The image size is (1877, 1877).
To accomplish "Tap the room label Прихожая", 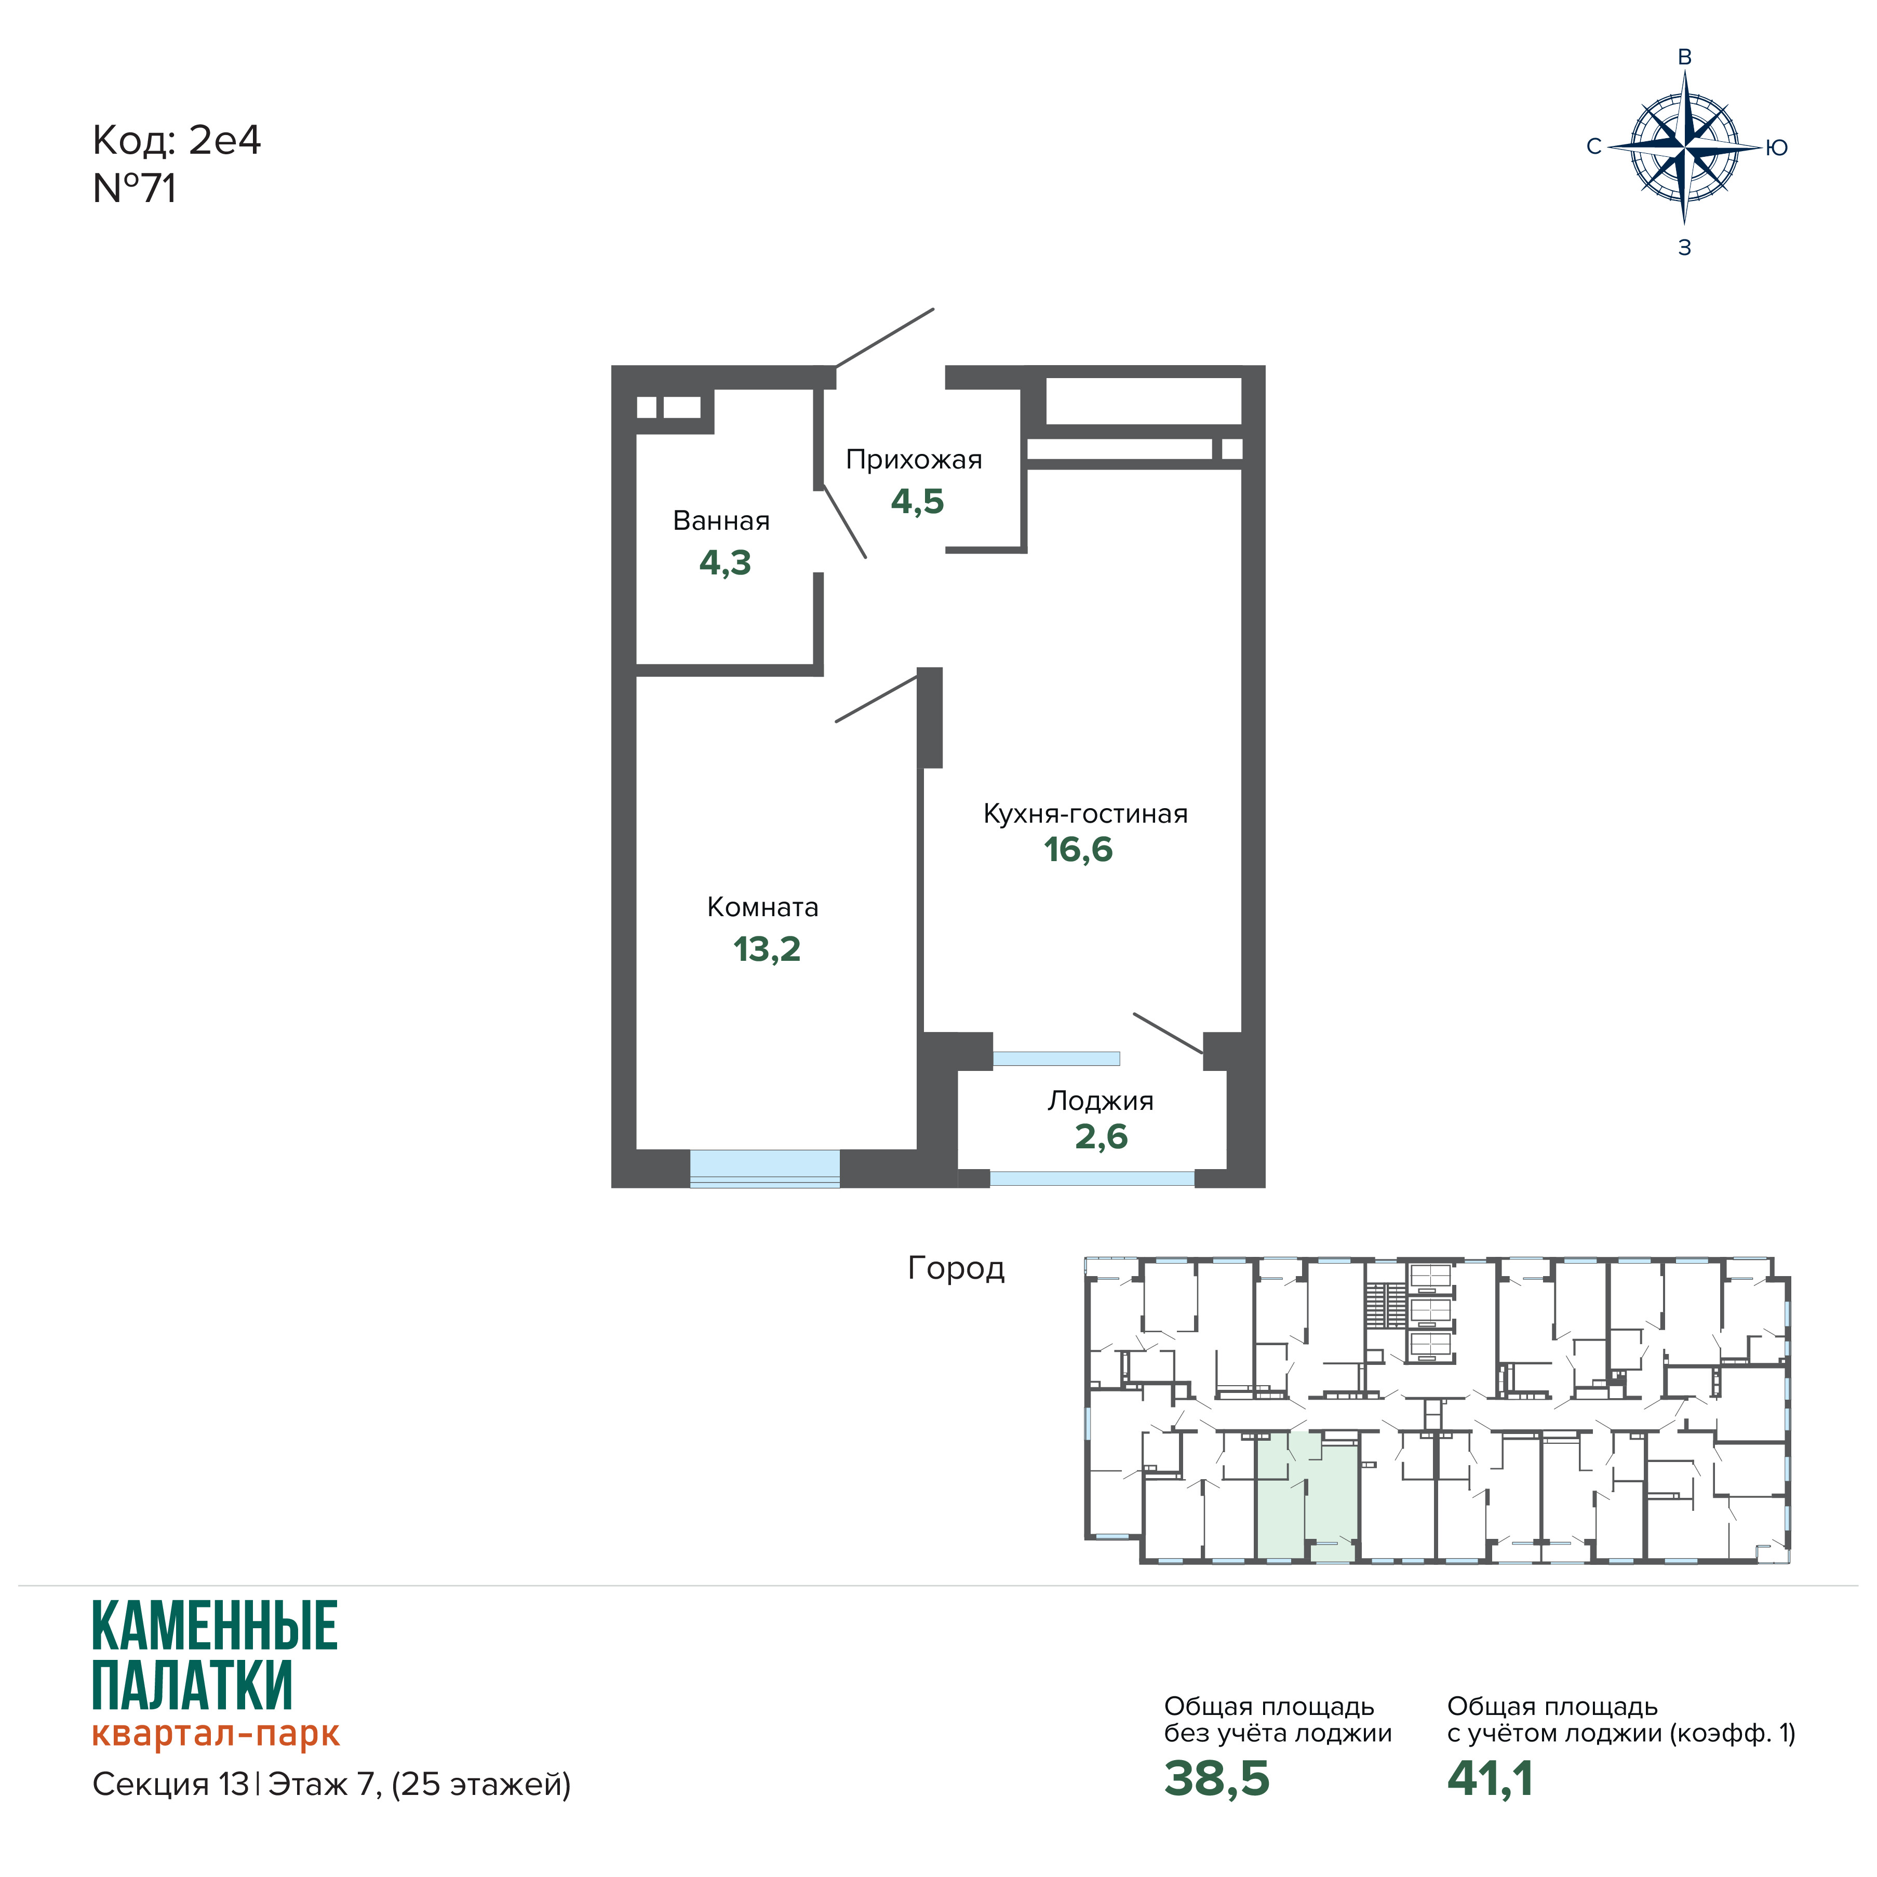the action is [913, 460].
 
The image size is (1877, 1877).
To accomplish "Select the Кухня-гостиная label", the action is [1085, 813].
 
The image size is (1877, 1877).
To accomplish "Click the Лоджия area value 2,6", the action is [1101, 1136].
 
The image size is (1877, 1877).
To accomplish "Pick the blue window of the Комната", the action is [765, 1168].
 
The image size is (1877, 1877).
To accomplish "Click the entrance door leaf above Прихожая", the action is [884, 338].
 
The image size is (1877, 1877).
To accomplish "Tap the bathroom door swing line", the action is [844, 521].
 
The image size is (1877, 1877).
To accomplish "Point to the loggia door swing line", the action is [1168, 1033].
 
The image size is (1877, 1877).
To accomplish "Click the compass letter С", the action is [1593, 146].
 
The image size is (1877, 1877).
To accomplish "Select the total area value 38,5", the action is [1216, 1778].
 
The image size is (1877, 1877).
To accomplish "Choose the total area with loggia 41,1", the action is [1490, 1778].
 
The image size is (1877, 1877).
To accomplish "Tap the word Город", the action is [956, 1269].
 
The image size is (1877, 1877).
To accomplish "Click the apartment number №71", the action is [134, 189].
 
